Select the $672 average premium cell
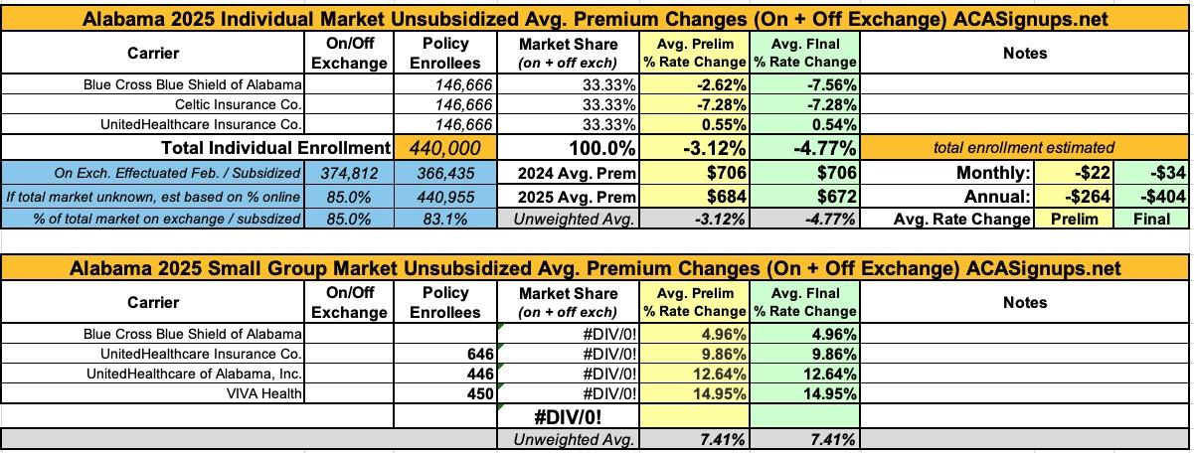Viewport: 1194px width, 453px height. (x=804, y=194)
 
